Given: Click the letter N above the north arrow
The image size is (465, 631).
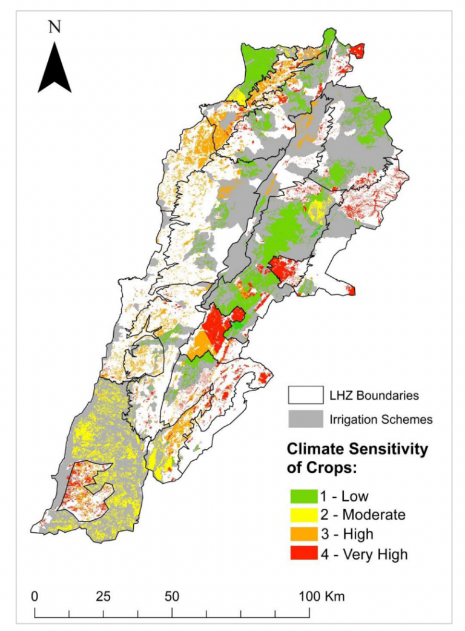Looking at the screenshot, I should (x=54, y=27).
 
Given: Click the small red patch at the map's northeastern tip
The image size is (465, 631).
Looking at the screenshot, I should (x=358, y=50).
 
